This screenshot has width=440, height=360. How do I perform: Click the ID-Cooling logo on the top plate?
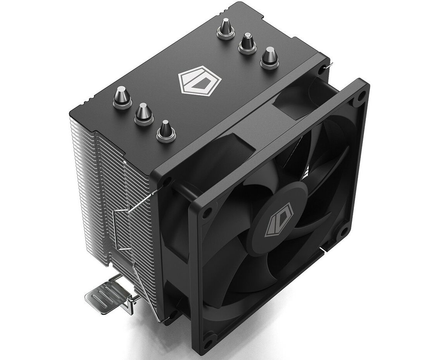pos(200,83)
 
